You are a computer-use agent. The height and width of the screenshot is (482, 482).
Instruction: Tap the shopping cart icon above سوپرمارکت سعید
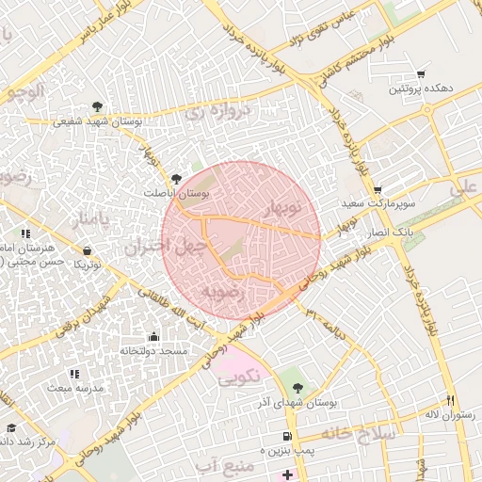pos(378,189)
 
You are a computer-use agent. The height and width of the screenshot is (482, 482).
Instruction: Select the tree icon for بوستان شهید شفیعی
pos(100,106)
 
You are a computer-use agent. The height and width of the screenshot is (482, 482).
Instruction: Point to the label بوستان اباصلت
pos(175,192)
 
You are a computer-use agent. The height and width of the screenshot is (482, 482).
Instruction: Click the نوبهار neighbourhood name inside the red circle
pos(281,205)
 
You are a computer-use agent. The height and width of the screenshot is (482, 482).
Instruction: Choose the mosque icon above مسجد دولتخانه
pos(153,336)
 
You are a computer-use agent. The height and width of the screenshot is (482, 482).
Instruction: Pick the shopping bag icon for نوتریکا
pos(88,251)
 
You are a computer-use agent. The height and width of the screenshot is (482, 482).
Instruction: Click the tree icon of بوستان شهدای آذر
pos(298,388)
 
